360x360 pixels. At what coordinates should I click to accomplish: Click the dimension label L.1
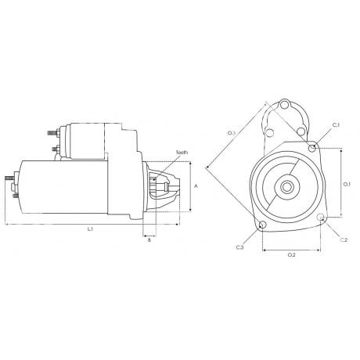(x=91, y=229)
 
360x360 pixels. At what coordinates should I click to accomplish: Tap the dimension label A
(x=196, y=185)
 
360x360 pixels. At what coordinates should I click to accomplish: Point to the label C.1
(x=335, y=125)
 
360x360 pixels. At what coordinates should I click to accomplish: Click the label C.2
(x=344, y=239)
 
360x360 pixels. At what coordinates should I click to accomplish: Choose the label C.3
(x=239, y=248)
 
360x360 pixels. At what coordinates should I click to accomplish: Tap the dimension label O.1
(x=347, y=184)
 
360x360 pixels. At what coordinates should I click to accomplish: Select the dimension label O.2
(x=292, y=255)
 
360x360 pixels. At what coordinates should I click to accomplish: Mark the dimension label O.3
(x=232, y=134)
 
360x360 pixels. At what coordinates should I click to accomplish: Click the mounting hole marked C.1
(x=313, y=147)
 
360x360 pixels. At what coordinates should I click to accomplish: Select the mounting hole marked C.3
(x=261, y=228)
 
